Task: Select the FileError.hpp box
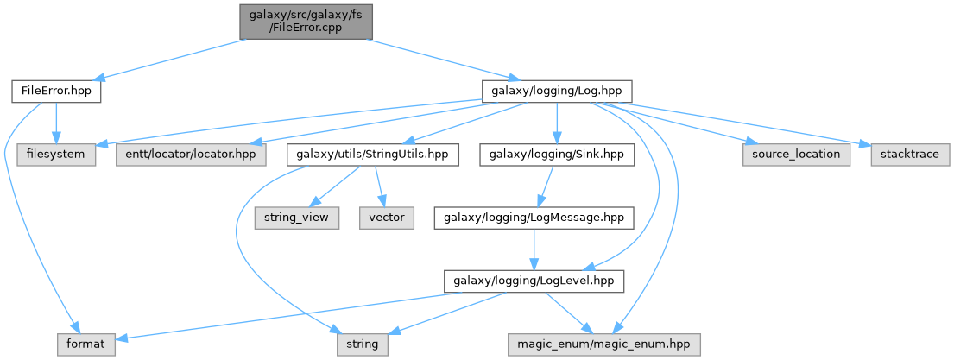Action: tap(56, 92)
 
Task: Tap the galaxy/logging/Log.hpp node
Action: tap(557, 92)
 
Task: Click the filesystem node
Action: tap(56, 155)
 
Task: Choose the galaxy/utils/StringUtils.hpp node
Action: tap(372, 155)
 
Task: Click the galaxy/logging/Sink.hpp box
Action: tap(557, 155)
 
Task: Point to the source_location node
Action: tap(796, 155)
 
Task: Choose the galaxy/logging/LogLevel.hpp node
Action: tap(534, 281)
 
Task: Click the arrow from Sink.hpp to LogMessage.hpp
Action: tap(545, 186)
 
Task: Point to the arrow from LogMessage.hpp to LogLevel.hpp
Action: tap(534, 250)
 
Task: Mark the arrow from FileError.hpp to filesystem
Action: tap(56, 123)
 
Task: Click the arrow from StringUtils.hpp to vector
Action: tap(380, 186)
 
